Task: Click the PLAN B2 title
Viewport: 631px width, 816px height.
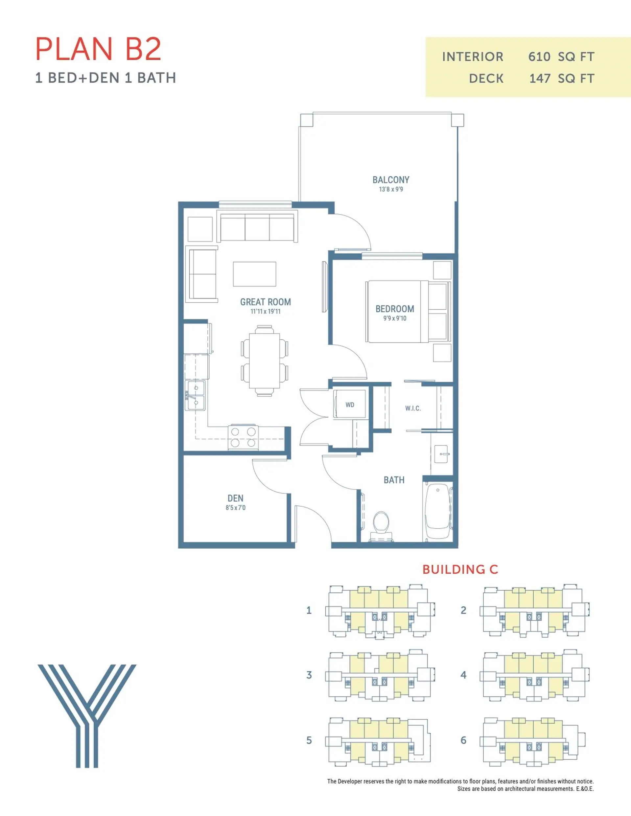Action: [98, 49]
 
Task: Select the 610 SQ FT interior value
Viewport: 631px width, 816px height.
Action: [561, 57]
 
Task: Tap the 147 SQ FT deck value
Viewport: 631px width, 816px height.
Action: [561, 78]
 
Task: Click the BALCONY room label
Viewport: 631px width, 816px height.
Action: [390, 180]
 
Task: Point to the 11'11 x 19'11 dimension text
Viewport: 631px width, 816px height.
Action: [265, 312]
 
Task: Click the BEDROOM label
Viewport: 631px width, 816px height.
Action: [395, 309]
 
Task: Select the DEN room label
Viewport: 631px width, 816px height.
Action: [235, 498]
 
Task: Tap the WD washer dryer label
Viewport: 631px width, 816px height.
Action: [350, 405]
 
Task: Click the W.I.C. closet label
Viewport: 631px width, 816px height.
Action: [413, 408]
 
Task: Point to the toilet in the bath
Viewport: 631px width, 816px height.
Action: [381, 523]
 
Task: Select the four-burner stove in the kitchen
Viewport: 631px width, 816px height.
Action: [243, 437]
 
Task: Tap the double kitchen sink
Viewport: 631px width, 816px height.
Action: [195, 395]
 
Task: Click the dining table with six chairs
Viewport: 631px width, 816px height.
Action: [265, 361]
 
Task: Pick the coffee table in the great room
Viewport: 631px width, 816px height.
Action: [254, 274]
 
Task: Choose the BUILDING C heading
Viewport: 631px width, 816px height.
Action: [460, 569]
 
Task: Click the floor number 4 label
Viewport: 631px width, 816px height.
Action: [463, 675]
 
